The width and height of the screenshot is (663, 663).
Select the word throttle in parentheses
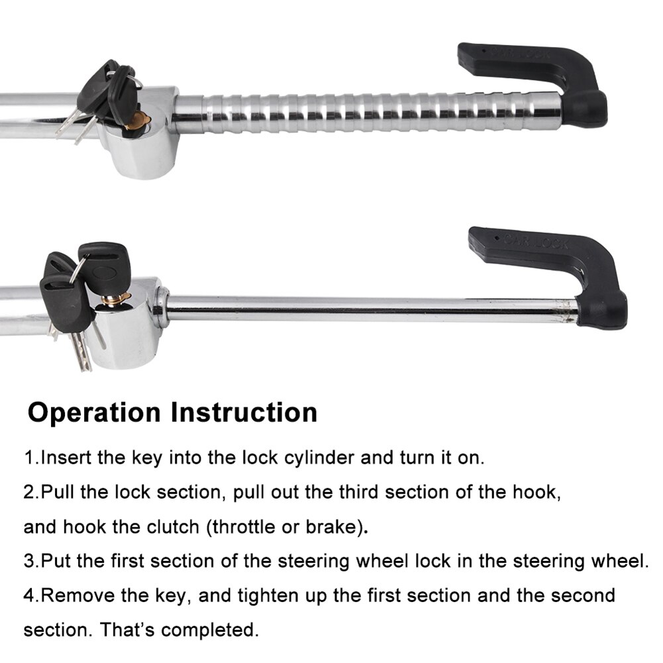pyautogui.click(x=244, y=527)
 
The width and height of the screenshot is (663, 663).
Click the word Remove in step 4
pyautogui.click(x=78, y=595)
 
